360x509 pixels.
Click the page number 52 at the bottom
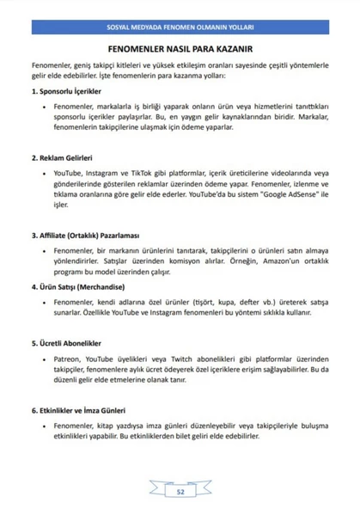(180, 492)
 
